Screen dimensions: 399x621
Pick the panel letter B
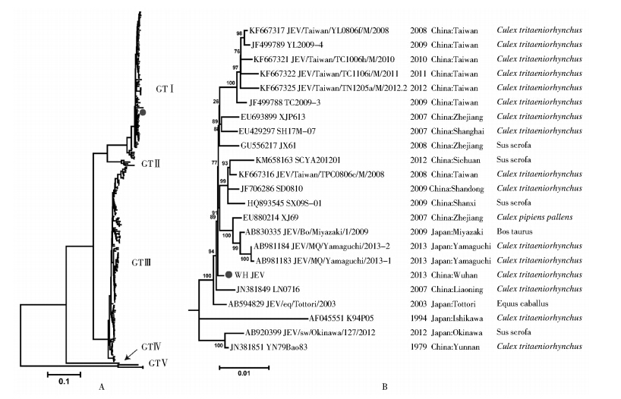click(x=385, y=388)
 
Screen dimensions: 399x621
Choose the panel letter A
click(x=100, y=388)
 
